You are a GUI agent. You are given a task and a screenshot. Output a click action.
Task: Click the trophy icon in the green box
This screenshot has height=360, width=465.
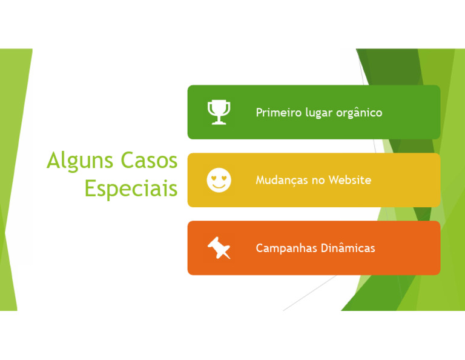point(219,112)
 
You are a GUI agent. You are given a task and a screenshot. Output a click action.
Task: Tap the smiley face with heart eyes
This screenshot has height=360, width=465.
point(219,180)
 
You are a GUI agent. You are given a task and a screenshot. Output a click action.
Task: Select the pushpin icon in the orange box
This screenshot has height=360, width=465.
point(219,247)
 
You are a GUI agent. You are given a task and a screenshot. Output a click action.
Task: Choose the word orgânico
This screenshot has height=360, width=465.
point(359,113)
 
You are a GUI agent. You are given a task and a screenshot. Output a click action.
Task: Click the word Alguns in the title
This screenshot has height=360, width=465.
point(80,161)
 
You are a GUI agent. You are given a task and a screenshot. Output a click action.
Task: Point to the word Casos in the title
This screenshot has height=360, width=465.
point(149,161)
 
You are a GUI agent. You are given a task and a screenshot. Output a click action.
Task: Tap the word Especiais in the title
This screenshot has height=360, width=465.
point(131,188)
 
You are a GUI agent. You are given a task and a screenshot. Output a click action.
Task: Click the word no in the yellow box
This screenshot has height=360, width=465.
point(318,181)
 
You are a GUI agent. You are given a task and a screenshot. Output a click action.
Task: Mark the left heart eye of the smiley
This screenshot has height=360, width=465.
point(214,177)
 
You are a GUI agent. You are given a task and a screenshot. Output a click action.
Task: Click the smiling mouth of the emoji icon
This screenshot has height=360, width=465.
point(219,185)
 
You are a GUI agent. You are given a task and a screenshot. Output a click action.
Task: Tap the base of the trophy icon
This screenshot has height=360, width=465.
point(219,122)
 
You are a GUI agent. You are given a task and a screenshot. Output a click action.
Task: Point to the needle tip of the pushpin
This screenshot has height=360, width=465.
point(228,257)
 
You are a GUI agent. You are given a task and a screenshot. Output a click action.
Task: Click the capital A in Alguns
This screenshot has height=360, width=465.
point(54,161)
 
